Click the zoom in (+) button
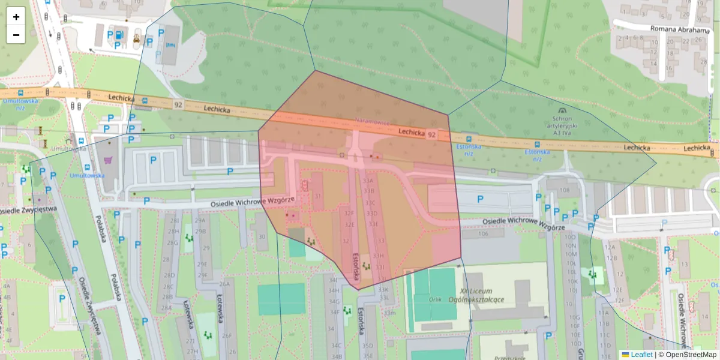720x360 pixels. tap(16, 17)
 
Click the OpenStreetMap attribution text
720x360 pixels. tap(691, 355)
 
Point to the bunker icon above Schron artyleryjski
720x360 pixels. tap(562, 110)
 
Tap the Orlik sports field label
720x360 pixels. tap(436, 299)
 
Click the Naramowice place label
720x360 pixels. tap(373, 121)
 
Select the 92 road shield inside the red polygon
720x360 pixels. tap(431, 135)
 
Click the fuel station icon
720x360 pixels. tap(119, 35)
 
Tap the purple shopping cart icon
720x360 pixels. tap(108, 160)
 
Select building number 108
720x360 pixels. tap(564, 190)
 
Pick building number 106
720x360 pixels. tap(483, 234)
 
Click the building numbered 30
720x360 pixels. tap(262, 236)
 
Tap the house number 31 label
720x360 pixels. tap(318, 196)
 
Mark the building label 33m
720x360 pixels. tap(390, 313)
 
